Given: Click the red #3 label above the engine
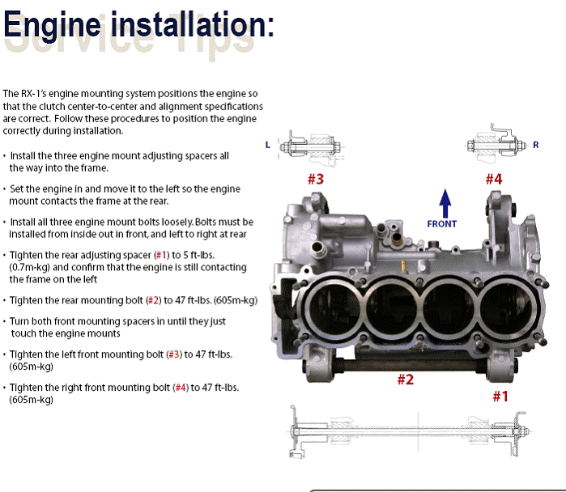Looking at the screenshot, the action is coord(316,179).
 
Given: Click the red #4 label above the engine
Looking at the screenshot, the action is coord(494,179).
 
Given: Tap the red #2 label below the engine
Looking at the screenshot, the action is coord(406,380).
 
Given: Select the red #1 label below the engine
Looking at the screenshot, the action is coord(500,397).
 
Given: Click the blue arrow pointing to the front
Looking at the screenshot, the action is coord(445,203).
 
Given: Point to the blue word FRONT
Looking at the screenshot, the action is coord(442,224).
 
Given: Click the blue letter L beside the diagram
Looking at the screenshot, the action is coord(267,145).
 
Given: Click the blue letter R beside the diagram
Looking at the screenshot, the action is coord(536,145).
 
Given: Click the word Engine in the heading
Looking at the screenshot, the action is coord(52,24).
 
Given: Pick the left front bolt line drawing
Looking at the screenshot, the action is coord(310,148).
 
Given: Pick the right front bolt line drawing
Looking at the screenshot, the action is coord(496,143).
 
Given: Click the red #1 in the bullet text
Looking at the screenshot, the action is coord(161,256).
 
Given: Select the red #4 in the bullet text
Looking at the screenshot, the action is coord(181,388).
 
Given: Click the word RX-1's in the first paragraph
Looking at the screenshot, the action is coord(33,94).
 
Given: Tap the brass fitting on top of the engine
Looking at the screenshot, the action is coord(397,238).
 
